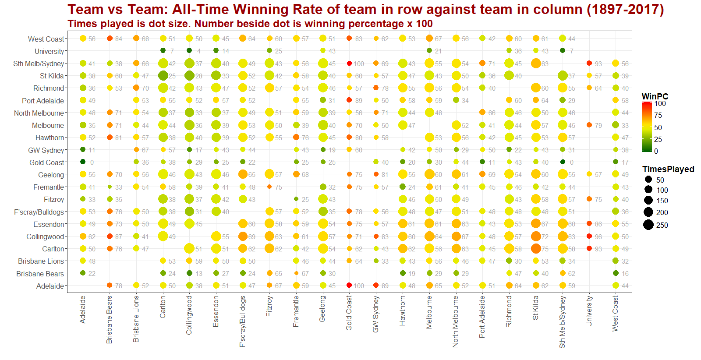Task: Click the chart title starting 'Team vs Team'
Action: pyautogui.click(x=365, y=9)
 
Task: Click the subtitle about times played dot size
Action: pyautogui.click(x=250, y=24)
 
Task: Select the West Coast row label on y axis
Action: pyautogui.click(x=46, y=39)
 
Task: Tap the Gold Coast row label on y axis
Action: pyautogui.click(x=46, y=162)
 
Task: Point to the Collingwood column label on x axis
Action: pyautogui.click(x=189, y=315)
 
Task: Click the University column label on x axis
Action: pyautogui.click(x=589, y=311)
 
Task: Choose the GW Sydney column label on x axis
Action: pyautogui.click(x=375, y=314)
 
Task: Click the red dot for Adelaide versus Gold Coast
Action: pyautogui.click(x=349, y=286)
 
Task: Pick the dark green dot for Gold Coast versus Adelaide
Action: pyautogui.click(x=83, y=162)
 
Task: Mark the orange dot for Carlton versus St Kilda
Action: pyautogui.click(x=536, y=249)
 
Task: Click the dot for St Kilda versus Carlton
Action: pyautogui.click(x=163, y=76)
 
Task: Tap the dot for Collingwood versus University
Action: pyautogui.click(x=589, y=236)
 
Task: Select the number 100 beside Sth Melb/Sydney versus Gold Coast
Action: pyautogui.click(x=359, y=64)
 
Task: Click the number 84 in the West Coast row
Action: pyautogui.click(x=119, y=39)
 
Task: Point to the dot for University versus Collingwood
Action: pyautogui.click(x=189, y=51)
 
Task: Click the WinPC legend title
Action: pyautogui.click(x=655, y=96)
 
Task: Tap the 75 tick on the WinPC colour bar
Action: pyautogui.click(x=658, y=115)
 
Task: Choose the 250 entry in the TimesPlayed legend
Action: pyautogui.click(x=662, y=225)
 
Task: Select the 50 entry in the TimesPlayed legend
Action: pyautogui.click(x=660, y=180)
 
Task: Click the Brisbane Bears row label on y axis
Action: pyautogui.click(x=40, y=274)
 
